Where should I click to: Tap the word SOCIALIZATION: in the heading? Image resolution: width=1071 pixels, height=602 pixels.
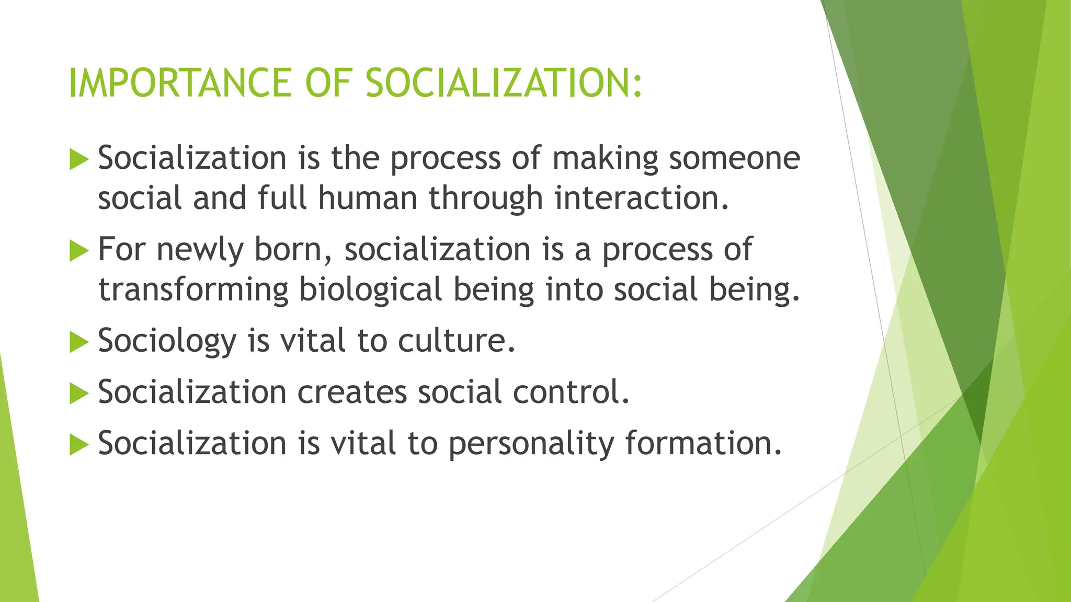(504, 83)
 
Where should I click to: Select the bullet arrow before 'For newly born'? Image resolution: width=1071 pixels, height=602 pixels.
(79, 252)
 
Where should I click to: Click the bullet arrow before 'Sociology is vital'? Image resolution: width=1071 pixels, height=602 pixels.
(79, 343)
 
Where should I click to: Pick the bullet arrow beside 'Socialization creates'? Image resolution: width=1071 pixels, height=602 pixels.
(79, 393)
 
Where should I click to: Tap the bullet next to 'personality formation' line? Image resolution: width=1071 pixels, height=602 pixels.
(79, 445)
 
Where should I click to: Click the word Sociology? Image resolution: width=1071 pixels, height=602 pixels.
(167, 341)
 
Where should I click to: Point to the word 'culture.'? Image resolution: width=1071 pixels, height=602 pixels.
(457, 340)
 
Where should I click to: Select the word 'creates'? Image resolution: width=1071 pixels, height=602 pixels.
(352, 391)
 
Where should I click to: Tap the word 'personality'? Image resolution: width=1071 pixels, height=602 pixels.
(531, 444)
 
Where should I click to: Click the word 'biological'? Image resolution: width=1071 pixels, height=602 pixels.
(370, 290)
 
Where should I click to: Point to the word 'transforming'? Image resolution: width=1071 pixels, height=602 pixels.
(193, 290)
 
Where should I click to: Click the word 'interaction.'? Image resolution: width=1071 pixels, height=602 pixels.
(642, 198)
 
